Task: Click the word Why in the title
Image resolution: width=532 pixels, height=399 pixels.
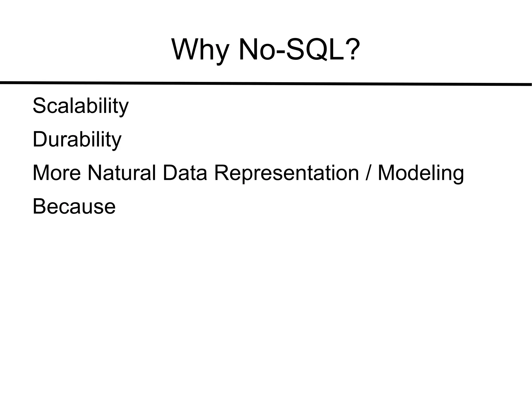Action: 200,50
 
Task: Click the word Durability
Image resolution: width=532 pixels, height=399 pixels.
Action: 77,140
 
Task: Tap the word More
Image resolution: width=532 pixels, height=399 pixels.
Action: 57,173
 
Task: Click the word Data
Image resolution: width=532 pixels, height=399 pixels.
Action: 185,173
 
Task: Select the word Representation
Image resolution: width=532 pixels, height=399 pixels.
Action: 286,173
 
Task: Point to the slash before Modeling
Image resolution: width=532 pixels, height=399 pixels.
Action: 368,173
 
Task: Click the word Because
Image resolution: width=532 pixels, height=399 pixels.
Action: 74,206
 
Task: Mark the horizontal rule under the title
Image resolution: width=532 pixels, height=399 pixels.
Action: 266,83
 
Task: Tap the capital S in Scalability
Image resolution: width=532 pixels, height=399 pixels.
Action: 39,106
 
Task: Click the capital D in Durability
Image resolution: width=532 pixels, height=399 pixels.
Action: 40,139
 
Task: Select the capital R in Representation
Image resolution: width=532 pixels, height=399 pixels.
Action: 222,173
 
